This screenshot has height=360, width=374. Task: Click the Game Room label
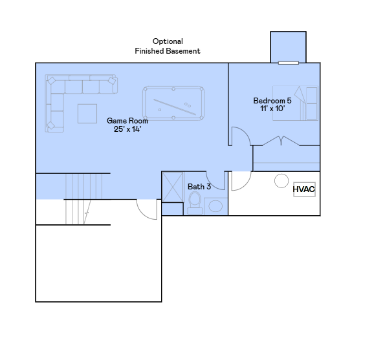point(127,120)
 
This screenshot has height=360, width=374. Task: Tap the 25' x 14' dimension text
point(127,129)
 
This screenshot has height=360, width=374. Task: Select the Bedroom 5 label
point(272,101)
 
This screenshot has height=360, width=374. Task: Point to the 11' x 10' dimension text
point(272,109)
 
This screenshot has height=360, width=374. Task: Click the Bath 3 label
point(199,187)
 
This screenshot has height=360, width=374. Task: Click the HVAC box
point(303,189)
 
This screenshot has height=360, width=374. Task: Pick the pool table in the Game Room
point(173,103)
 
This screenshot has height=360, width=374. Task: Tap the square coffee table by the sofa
point(87,113)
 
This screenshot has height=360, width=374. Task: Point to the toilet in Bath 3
point(194,203)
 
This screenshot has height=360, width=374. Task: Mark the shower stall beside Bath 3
point(173,187)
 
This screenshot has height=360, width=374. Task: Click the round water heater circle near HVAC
point(281,180)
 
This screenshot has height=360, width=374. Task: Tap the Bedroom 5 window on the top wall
point(289,63)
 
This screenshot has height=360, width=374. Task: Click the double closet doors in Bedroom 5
point(281,140)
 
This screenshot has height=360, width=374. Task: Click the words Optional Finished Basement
point(168,46)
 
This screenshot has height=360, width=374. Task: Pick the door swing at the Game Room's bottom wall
point(149,207)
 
